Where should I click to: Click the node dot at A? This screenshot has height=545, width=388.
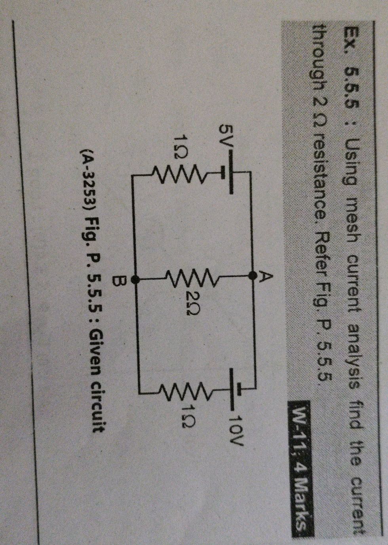pyautogui.click(x=252, y=276)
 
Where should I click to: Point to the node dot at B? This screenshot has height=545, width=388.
pyautogui.click(x=135, y=280)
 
